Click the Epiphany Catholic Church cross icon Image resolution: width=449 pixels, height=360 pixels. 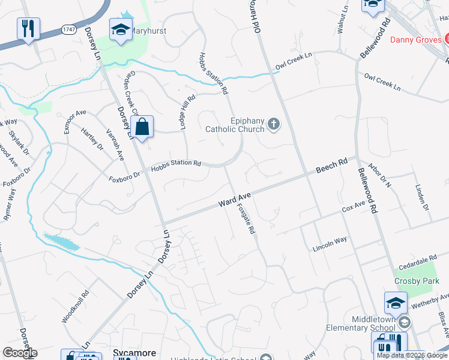point(274,124)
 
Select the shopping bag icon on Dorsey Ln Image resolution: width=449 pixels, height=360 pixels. point(142,127)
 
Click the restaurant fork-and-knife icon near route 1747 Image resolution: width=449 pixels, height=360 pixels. point(28,28)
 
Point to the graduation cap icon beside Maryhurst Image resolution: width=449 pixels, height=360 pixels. point(121,30)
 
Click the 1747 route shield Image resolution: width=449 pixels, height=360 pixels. point(68,28)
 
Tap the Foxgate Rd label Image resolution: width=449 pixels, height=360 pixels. point(246,218)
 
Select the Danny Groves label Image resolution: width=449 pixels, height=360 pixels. point(416,40)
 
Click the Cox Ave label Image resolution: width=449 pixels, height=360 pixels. point(354,208)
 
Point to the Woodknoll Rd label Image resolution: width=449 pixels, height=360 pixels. point(76,307)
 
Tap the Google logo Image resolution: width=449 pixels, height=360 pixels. point(19,353)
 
